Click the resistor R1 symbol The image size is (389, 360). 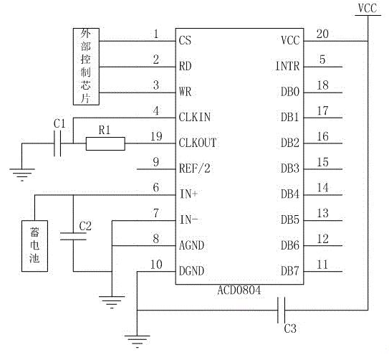[105, 143]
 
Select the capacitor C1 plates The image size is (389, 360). [57, 143]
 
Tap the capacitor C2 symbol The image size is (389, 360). [73, 237]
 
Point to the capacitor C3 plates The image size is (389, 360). [282, 310]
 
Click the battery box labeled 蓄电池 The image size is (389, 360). [34, 246]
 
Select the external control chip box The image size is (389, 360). [86, 67]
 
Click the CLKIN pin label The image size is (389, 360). [195, 117]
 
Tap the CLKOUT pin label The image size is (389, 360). [198, 143]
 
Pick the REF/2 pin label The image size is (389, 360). [195, 169]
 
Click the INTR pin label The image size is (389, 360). [287, 66]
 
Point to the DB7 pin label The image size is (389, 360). [289, 271]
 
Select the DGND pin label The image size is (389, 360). [191, 271]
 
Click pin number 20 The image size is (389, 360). [322, 34]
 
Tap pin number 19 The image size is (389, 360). [157, 136]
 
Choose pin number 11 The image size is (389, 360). [322, 265]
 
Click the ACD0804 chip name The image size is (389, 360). [239, 290]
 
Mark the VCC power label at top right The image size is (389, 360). [368, 8]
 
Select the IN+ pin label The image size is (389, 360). [188, 194]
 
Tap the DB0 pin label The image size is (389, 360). [290, 92]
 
